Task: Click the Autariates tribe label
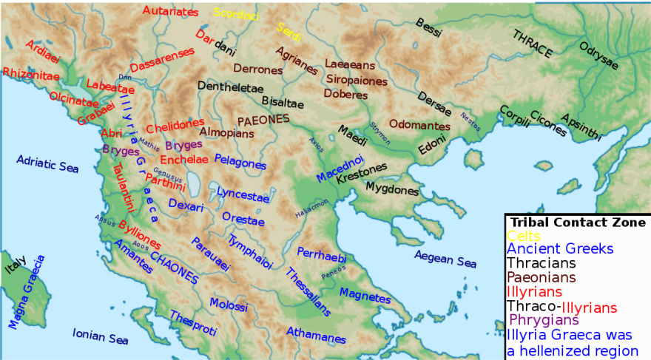(170, 12)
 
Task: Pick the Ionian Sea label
(101, 336)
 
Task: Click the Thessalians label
(307, 292)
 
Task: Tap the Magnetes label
(364, 295)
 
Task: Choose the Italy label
(16, 265)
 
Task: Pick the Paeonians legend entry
(542, 278)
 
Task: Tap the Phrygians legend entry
(544, 320)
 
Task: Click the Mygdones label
(391, 190)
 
